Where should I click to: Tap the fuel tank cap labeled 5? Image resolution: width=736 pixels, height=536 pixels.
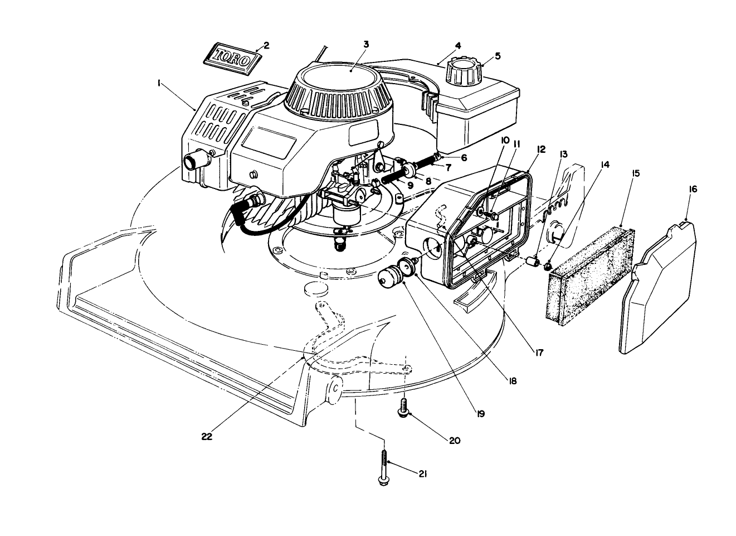coord(464,70)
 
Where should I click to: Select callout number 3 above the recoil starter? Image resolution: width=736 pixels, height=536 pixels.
coord(365,44)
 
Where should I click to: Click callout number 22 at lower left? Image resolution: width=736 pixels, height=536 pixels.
coord(207,437)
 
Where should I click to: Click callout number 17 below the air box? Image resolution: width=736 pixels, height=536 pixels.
coord(539,352)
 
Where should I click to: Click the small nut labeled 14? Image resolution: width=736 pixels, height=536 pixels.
coord(548,267)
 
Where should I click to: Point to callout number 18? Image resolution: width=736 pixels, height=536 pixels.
coord(512,382)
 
